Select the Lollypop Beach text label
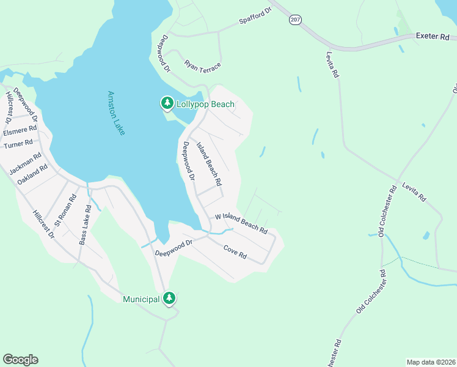[205, 105]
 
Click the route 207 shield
[294, 20]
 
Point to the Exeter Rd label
[432, 37]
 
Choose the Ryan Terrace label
[202, 64]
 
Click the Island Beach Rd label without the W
[208, 164]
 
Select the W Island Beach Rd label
[241, 224]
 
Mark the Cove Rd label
[235, 251]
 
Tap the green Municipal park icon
[169, 298]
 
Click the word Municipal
[141, 299]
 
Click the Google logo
[20, 360]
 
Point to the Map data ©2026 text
[430, 362]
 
